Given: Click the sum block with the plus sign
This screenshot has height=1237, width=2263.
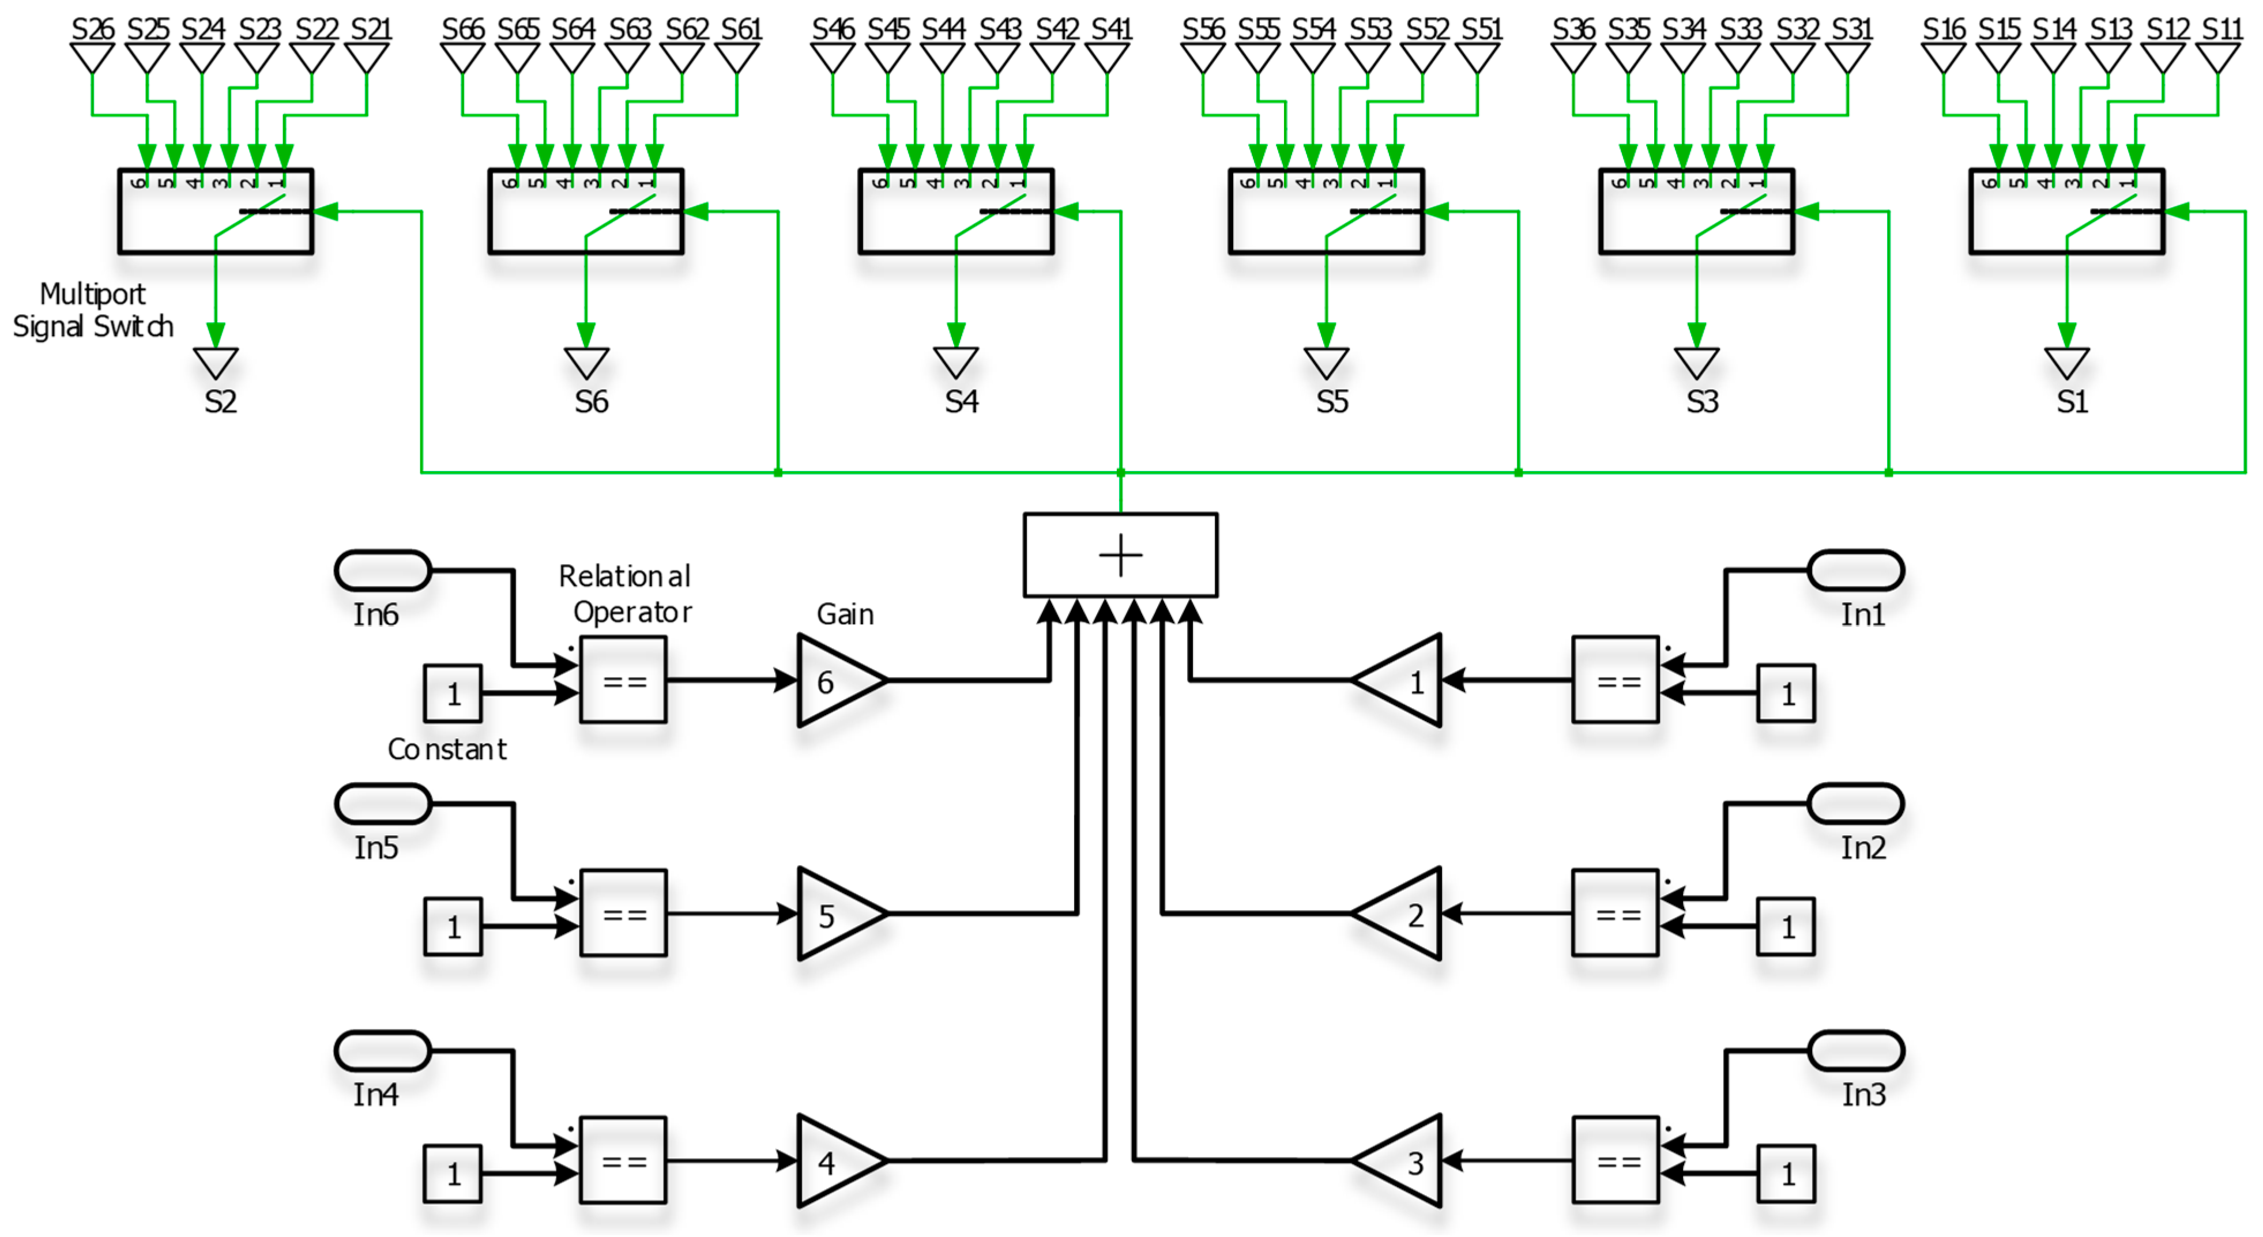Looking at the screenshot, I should [x=1120, y=555].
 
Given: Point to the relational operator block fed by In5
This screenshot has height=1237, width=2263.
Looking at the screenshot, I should [x=623, y=914].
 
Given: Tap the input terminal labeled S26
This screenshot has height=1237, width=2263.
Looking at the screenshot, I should [x=92, y=58].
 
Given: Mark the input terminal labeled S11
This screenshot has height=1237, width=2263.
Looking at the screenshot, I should [x=2217, y=58].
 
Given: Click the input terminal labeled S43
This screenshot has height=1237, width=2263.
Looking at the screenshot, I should [x=997, y=58].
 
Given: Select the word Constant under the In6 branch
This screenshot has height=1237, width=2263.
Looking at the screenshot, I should [x=447, y=749].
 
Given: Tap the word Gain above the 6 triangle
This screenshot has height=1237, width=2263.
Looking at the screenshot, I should [x=845, y=614].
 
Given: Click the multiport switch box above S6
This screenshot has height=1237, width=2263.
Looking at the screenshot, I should [x=586, y=212].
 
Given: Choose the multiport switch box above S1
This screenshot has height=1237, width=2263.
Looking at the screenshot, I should [x=2066, y=212].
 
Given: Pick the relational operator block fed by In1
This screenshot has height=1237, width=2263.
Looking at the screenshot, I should [x=1615, y=681].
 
